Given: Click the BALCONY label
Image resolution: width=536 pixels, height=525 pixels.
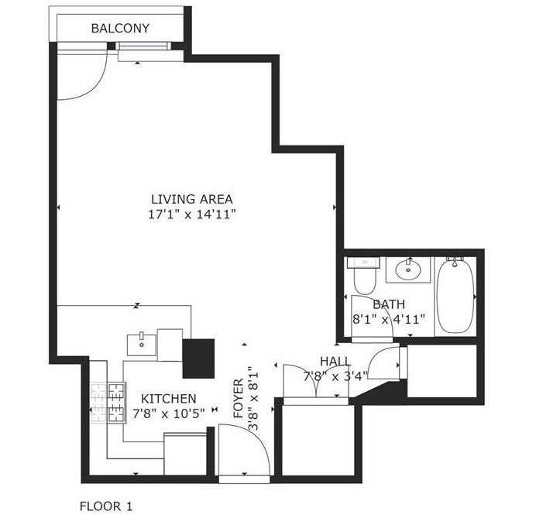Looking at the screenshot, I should (120, 29).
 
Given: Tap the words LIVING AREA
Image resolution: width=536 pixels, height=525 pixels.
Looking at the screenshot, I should (192, 198).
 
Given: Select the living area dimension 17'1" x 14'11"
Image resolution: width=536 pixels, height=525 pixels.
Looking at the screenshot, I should (192, 214).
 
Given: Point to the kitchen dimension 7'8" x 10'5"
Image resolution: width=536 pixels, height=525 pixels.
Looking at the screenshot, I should (168, 413).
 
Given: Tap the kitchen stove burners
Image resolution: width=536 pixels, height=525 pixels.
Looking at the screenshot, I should (108, 403).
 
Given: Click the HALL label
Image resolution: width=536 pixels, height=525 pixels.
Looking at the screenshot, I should (335, 362).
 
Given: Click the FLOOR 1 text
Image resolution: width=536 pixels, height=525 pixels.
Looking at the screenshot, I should (106, 506).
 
